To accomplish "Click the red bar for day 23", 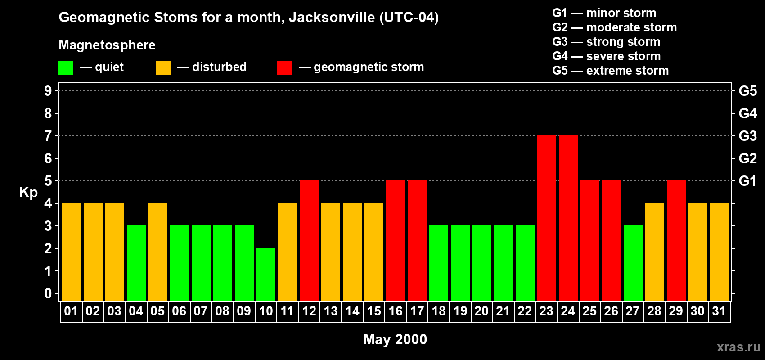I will click(546, 218).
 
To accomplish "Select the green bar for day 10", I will click(266, 274).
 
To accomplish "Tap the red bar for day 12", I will click(309, 240).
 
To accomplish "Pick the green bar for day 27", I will click(633, 263).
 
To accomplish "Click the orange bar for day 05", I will click(158, 252).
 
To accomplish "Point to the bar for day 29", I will click(676, 240).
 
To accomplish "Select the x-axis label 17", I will click(417, 311).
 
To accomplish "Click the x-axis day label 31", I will click(719, 311).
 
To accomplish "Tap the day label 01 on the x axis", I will click(71, 311).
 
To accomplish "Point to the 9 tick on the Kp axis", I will click(48, 91).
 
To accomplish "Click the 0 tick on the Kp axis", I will click(48, 293).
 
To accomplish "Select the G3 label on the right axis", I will click(747, 136).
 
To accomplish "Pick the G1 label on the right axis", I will click(747, 181).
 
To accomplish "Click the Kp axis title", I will click(28, 193).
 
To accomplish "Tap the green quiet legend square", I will click(66, 68).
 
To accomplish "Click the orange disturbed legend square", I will click(163, 68).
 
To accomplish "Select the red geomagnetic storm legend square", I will click(284, 68).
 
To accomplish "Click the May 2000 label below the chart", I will click(395, 339).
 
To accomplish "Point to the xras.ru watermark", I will click(738, 347).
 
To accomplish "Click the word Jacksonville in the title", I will click(332, 18).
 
